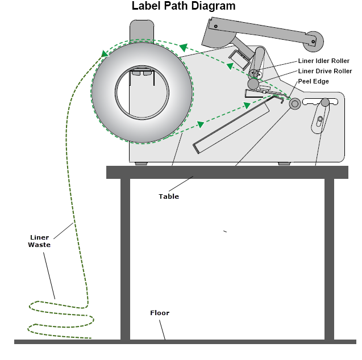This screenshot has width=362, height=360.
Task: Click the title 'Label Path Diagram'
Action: coord(183,6)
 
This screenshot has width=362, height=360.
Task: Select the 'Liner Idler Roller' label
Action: coord(323,61)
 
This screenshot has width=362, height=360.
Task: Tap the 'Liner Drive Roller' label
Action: coord(324,71)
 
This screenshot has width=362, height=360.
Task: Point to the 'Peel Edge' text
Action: coord(313,81)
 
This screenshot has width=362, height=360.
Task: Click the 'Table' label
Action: coord(168,196)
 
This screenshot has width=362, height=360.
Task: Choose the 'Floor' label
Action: coord(159,313)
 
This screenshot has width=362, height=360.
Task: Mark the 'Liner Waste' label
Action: coord(40,241)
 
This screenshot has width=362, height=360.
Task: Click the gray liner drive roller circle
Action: coord(253,84)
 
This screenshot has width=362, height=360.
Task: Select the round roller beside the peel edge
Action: coord(294,103)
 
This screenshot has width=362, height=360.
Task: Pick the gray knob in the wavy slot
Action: coord(324,103)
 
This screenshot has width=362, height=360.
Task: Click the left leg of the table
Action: coord(125,259)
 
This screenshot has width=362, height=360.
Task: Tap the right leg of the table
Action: coord(329,259)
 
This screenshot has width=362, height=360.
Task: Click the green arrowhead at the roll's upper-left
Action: coord(105,54)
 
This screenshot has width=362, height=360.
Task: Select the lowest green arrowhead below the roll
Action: coord(200,124)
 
